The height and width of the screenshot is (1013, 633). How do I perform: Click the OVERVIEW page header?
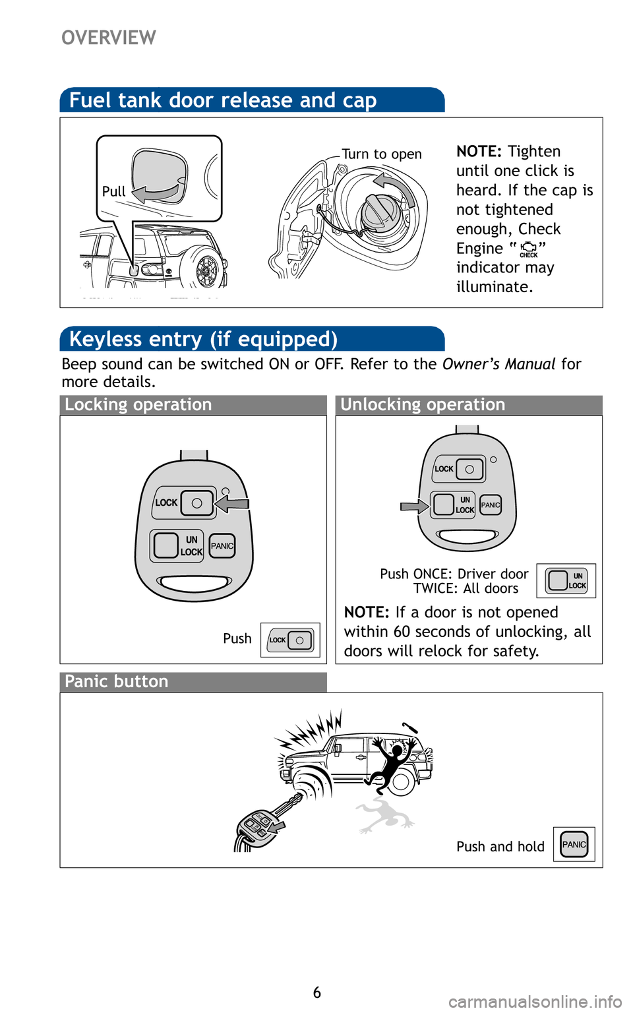[109, 38]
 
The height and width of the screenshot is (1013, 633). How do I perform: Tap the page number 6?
[316, 993]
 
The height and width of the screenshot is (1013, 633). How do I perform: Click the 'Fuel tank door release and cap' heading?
[223, 100]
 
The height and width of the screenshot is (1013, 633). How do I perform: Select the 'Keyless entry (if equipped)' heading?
[203, 339]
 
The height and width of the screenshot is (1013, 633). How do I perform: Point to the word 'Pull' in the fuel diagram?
[113, 191]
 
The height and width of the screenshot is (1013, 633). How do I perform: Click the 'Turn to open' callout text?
[381, 154]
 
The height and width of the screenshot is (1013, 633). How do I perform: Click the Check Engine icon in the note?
[528, 249]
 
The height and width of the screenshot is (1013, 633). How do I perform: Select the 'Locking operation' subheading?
[138, 405]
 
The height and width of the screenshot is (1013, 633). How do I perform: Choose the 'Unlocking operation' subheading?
[423, 405]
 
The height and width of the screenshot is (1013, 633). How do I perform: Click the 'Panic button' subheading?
[117, 682]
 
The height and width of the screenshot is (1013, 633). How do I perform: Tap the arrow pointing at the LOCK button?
[232, 504]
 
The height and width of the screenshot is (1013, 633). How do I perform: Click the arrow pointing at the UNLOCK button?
[414, 506]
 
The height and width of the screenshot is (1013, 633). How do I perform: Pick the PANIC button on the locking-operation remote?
[222, 546]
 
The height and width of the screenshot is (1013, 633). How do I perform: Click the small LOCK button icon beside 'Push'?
[290, 640]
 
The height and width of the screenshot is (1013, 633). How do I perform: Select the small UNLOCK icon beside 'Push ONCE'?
[566, 580]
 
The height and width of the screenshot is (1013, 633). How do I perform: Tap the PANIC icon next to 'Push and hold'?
[574, 844]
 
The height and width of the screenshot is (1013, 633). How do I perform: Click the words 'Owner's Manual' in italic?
[499, 364]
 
